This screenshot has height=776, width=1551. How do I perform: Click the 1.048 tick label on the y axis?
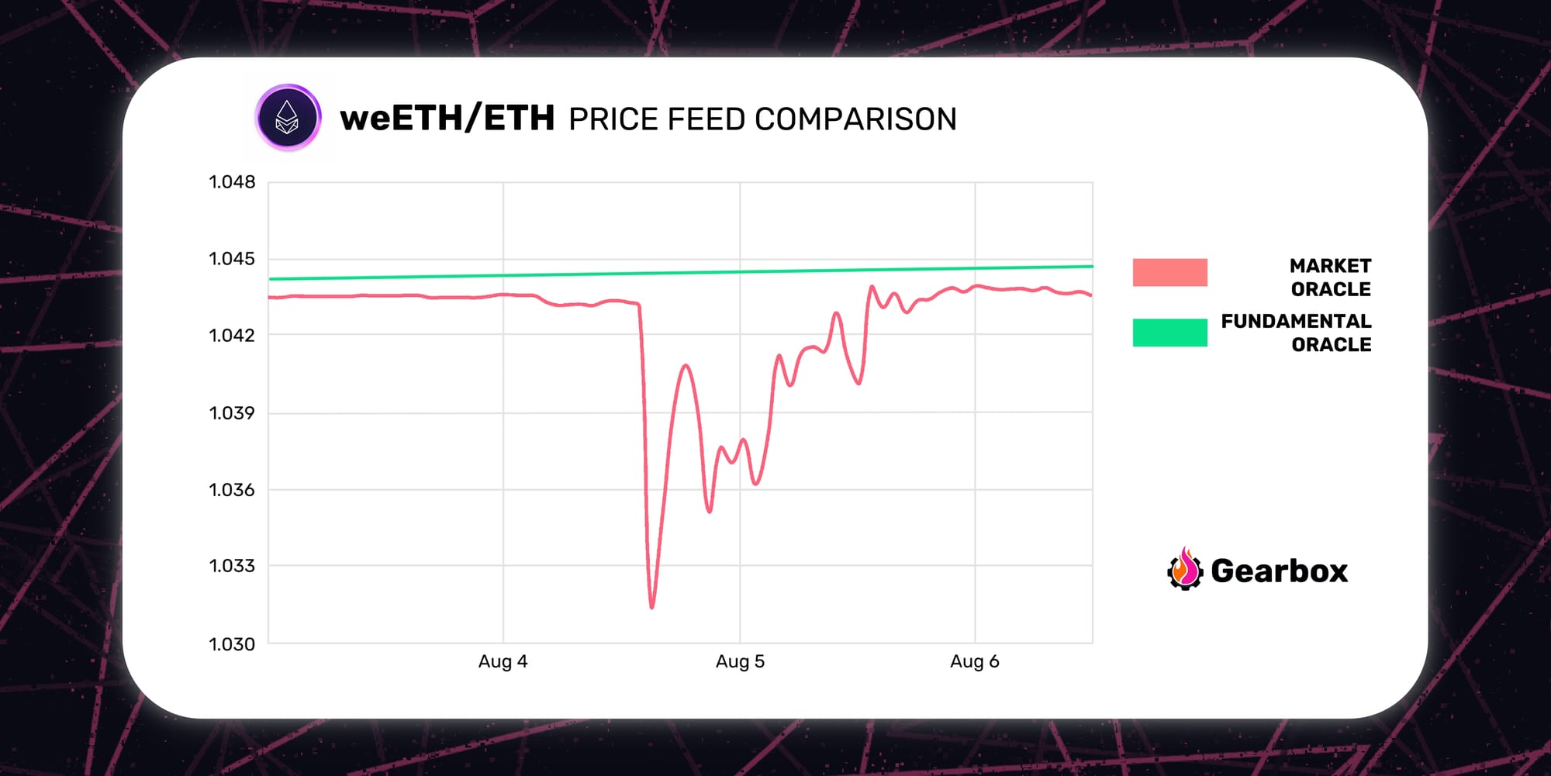coord(232,182)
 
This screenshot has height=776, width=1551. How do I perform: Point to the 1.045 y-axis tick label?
coord(232,259)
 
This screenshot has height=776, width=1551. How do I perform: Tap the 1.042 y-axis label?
coord(232,336)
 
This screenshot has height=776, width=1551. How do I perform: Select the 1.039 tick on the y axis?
coord(232,413)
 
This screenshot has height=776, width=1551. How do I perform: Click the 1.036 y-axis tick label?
coord(232,490)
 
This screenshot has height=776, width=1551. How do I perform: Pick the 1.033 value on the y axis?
coord(232,566)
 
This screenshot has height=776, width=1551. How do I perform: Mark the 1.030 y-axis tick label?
coord(232,644)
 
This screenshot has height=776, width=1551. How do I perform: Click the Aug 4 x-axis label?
coord(503,661)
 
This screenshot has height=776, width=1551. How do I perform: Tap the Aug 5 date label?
coord(740,661)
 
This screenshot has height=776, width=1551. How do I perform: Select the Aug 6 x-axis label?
coord(975,661)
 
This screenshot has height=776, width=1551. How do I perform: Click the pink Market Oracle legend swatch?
coord(1169,272)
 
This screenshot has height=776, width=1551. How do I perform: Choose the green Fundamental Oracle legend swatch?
coord(1169,333)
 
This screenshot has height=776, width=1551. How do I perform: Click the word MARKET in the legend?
coord(1330,266)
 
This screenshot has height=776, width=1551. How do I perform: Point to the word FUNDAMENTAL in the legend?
coord(1296,321)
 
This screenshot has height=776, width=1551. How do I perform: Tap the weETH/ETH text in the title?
coord(447,119)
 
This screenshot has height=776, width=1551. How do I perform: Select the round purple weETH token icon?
coord(288,118)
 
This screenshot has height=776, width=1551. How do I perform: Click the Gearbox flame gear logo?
coord(1184,570)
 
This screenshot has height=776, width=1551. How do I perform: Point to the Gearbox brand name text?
coord(1279,571)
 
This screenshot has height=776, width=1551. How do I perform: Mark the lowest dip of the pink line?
coord(651,606)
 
